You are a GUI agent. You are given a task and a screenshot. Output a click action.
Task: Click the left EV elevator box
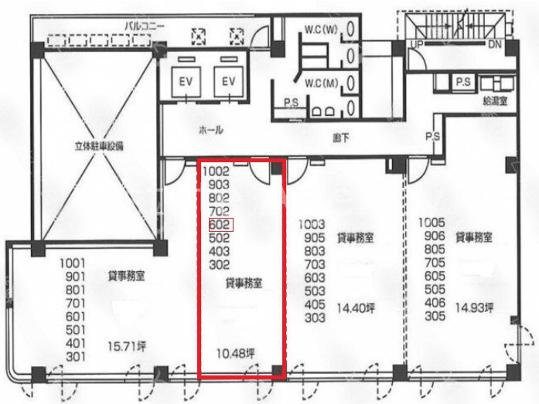pyautogui.click(x=186, y=82)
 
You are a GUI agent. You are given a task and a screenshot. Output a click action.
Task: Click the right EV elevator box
pyautogui.click(x=229, y=82)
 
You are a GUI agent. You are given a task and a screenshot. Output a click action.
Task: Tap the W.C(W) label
pyautogui.click(x=321, y=30)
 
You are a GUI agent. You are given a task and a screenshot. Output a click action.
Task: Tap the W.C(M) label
pyautogui.click(x=322, y=83)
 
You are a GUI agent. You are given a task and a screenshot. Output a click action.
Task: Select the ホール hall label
pyautogui.click(x=210, y=130)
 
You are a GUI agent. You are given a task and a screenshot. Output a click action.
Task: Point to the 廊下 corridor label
pyautogui.click(x=341, y=137)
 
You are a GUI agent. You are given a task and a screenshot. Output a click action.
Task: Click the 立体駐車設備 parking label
pyautogui.click(x=99, y=146)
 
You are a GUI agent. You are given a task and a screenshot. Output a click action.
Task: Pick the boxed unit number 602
pyautogui.click(x=221, y=225)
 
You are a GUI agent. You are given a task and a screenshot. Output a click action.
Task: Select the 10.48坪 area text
pyautogui.click(x=236, y=353)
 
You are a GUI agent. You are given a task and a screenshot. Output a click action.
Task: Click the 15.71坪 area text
pyautogui.click(x=127, y=346)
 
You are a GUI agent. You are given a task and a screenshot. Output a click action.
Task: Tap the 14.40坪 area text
pyautogui.click(x=356, y=308)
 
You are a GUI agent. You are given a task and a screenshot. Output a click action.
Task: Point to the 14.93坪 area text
pyautogui.click(x=474, y=308)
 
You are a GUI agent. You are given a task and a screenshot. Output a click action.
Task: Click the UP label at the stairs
pyautogui.click(x=417, y=44)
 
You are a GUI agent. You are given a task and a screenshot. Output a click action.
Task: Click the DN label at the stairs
pyautogui.click(x=495, y=44)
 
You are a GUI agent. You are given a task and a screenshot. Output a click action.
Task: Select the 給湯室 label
pyautogui.click(x=495, y=101)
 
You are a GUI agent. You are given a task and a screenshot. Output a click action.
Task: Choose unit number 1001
pyautogui.click(x=72, y=263)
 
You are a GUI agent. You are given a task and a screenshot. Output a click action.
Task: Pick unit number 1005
pyautogui.click(x=432, y=222)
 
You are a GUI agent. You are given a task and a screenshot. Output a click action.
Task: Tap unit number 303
pyautogui.click(x=315, y=317)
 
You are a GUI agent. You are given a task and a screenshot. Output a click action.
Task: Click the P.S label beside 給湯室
pyautogui.click(x=463, y=82)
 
